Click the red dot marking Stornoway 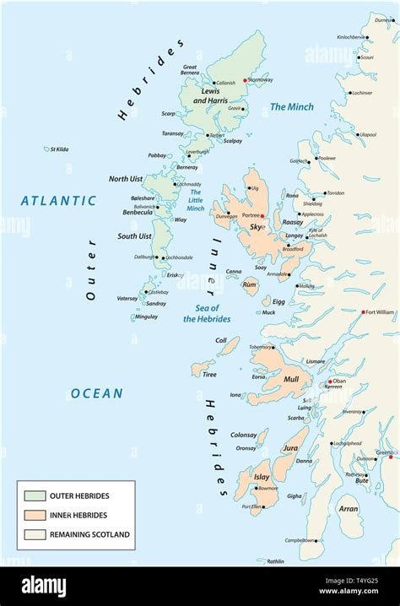coord(246,80)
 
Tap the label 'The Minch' coord(291,107)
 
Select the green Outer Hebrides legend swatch coord(35,495)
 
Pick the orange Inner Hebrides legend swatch coord(35,515)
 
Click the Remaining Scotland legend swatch coord(35,534)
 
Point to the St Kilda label coord(58,149)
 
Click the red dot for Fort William coord(364,312)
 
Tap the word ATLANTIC coord(59,201)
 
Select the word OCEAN coord(96,393)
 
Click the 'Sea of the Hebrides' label coord(207,313)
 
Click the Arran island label coord(348,509)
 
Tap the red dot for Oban coord(330,381)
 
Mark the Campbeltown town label coord(300,540)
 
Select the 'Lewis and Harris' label coord(210,95)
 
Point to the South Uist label coord(134,236)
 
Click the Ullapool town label coord(367,134)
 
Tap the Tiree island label coord(209,374)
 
